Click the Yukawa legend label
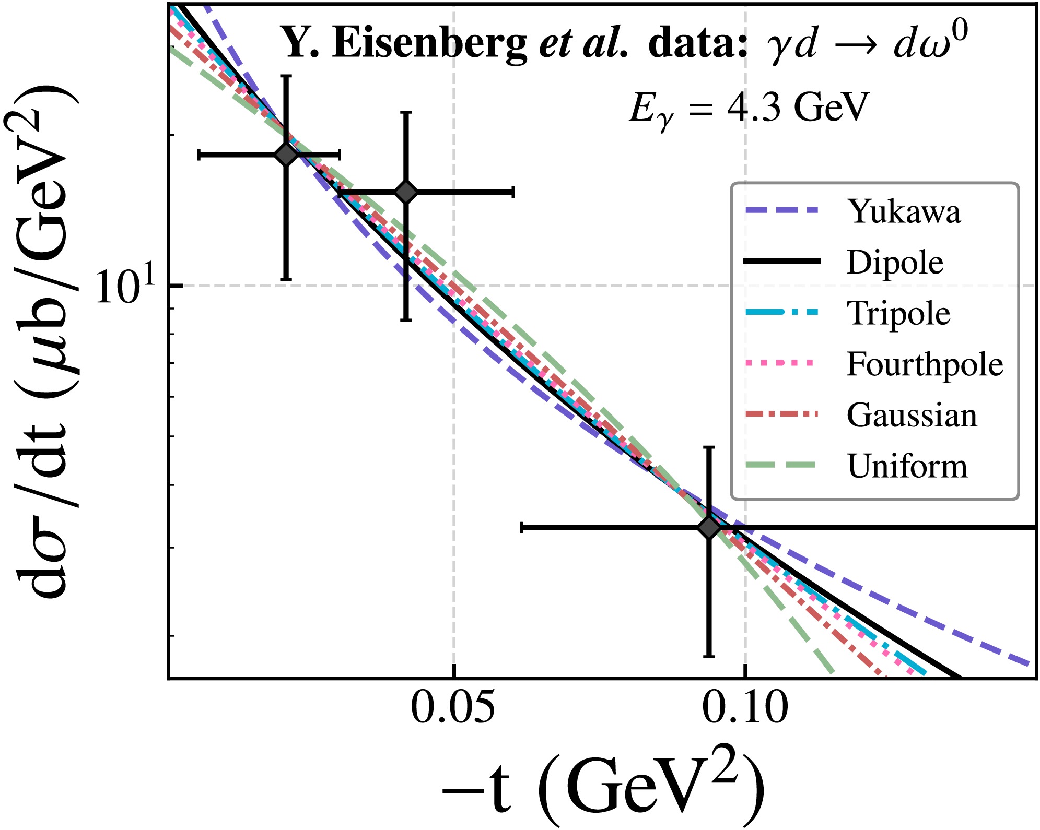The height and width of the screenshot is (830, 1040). pyautogui.click(x=904, y=211)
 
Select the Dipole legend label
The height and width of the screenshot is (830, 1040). pyautogui.click(x=895, y=262)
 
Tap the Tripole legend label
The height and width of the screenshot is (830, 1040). pyautogui.click(x=898, y=313)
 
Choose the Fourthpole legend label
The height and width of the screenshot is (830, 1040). pyautogui.click(x=925, y=364)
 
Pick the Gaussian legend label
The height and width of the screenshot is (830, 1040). pyautogui.click(x=912, y=415)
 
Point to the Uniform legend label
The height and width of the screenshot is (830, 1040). pyautogui.click(x=907, y=466)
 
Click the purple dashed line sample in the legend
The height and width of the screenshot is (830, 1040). pyautogui.click(x=782, y=210)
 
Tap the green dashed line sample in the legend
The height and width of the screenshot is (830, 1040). pyautogui.click(x=782, y=465)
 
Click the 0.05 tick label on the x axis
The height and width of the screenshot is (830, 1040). pyautogui.click(x=453, y=708)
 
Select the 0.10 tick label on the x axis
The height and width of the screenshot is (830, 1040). pyautogui.click(x=745, y=708)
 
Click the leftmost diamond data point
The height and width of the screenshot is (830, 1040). pyautogui.click(x=286, y=155)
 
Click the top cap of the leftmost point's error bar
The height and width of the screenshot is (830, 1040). pyautogui.click(x=286, y=76)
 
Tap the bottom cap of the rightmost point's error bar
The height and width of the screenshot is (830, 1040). pyautogui.click(x=709, y=656)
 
